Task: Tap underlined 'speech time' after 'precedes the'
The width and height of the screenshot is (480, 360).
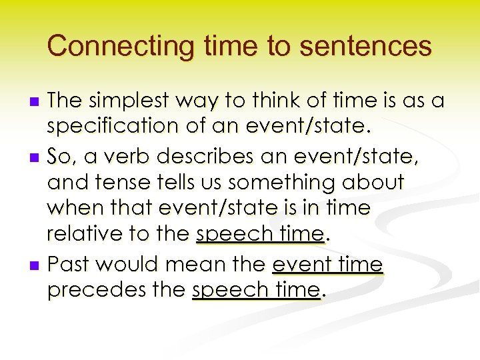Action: tap(256, 291)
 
